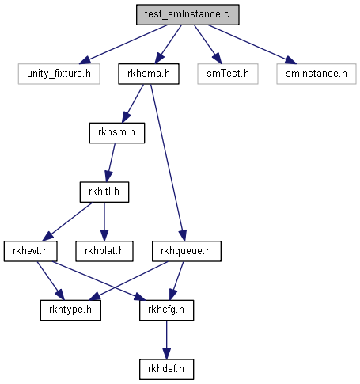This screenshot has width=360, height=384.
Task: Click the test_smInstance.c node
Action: [x=188, y=15]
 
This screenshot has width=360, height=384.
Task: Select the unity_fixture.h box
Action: [x=59, y=74]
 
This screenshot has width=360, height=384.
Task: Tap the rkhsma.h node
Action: [x=149, y=74]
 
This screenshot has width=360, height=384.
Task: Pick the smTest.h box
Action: [x=228, y=74]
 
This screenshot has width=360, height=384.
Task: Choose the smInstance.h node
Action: [x=316, y=74]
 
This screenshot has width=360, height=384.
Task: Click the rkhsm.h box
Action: [x=117, y=133]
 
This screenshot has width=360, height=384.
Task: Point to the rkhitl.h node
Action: [x=104, y=192]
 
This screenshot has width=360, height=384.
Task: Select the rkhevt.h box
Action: [x=30, y=251]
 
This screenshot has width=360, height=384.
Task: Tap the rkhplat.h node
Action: [x=104, y=251]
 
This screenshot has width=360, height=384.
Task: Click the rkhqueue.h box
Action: [x=186, y=251]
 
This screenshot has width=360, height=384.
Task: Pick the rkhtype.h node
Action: [x=70, y=310]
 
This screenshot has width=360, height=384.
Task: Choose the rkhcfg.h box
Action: [x=166, y=310]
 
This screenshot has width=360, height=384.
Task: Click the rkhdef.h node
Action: [x=166, y=370]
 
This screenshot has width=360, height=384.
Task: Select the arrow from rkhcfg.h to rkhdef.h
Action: [x=166, y=340]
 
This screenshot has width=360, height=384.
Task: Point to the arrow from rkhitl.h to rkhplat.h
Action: [x=104, y=222]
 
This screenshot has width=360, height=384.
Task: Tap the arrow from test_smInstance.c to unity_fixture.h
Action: [x=123, y=44]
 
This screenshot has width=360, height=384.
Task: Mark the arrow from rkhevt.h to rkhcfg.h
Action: [x=99, y=281]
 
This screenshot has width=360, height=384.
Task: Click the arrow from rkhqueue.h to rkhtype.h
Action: [x=128, y=281]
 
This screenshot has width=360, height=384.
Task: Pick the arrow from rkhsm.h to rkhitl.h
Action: [x=110, y=162]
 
